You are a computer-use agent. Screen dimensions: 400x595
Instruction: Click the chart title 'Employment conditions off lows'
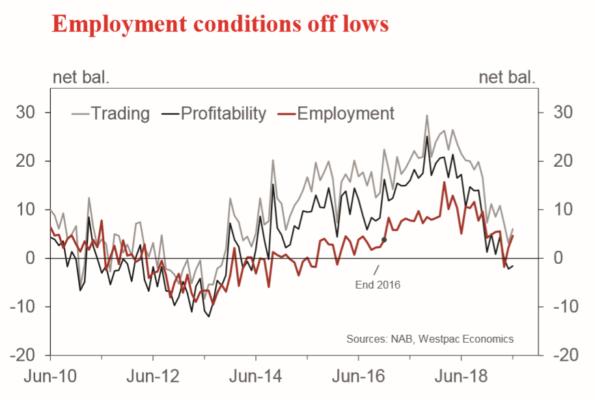pyautogui.click(x=219, y=24)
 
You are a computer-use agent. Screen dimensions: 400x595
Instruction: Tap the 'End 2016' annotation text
pyautogui.click(x=378, y=285)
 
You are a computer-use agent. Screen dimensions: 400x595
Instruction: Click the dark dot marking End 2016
pyautogui.click(x=384, y=240)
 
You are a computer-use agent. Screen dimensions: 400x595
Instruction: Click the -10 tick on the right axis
pyautogui.click(x=560, y=307)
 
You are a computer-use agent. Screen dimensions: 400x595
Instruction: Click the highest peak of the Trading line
pyautogui.click(x=427, y=116)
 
